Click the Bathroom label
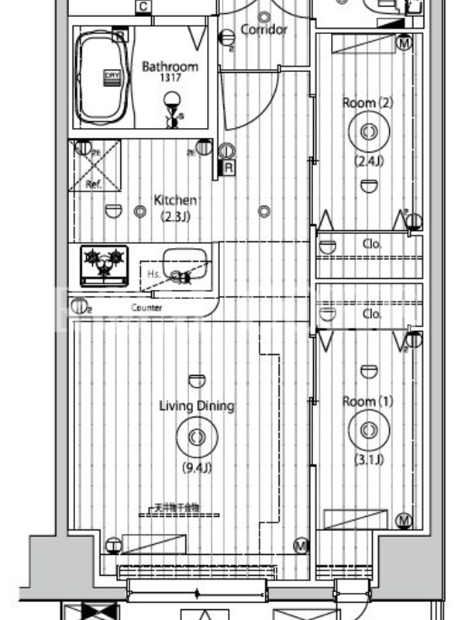click(170, 67)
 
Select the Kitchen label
click(174, 200)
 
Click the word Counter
click(146, 308)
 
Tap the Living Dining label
click(197, 406)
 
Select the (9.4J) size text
click(197, 467)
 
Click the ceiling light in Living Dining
click(197, 436)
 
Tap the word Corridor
click(264, 29)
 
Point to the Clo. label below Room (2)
click(372, 243)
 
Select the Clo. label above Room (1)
click(372, 314)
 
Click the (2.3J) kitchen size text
click(174, 216)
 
